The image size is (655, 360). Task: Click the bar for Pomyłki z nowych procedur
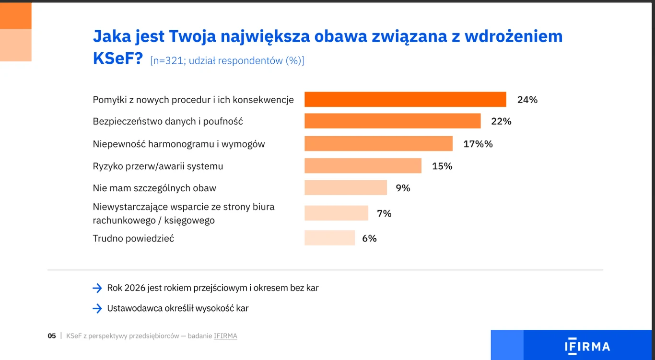click(x=405, y=99)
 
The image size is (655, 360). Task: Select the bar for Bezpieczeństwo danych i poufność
click(x=392, y=121)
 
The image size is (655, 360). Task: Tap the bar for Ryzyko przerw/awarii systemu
click(x=363, y=166)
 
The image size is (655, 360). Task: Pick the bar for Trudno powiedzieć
click(x=329, y=238)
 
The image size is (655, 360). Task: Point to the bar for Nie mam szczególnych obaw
click(x=345, y=188)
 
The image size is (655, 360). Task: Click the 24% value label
click(x=527, y=100)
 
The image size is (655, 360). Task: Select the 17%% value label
click(x=478, y=144)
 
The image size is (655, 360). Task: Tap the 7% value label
click(x=384, y=213)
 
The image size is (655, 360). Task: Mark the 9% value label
click(x=403, y=188)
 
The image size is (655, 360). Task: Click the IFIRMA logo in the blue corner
click(x=587, y=347)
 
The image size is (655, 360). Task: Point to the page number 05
click(x=52, y=336)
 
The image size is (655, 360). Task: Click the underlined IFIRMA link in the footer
click(x=225, y=336)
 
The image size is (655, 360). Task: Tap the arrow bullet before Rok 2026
click(x=97, y=288)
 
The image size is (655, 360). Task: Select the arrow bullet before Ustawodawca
click(x=97, y=308)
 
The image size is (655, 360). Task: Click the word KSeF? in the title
click(x=117, y=58)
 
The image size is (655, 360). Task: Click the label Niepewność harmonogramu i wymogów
click(x=178, y=144)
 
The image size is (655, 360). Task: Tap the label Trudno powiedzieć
click(x=133, y=238)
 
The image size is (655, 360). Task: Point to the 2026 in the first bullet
click(x=135, y=288)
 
